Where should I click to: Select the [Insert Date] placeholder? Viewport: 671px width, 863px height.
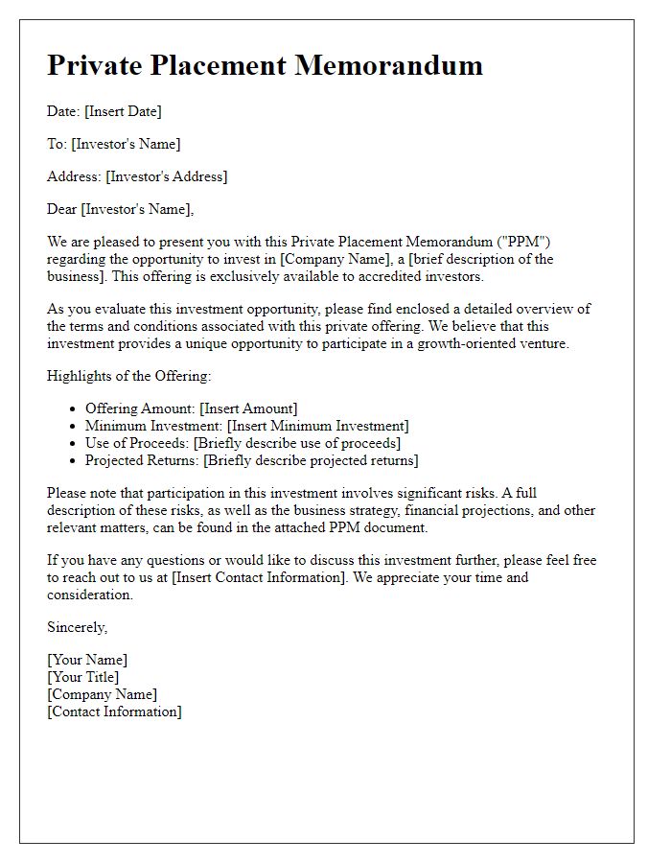tap(123, 111)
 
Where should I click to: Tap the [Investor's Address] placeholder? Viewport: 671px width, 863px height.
tap(167, 176)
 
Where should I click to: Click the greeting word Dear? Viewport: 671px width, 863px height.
tap(62, 209)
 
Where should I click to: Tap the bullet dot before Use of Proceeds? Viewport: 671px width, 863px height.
tap(73, 443)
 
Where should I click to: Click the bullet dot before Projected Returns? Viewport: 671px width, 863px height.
tap(73, 460)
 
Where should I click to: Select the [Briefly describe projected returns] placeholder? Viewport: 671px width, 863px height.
tap(312, 460)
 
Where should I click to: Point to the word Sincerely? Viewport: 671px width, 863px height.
tap(78, 627)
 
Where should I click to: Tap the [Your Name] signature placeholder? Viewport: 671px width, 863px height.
tap(87, 660)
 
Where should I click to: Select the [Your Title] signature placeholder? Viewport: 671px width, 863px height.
tap(83, 677)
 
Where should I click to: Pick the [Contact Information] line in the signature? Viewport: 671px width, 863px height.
tap(114, 711)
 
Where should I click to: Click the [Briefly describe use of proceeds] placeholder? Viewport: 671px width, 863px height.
tap(297, 443)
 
